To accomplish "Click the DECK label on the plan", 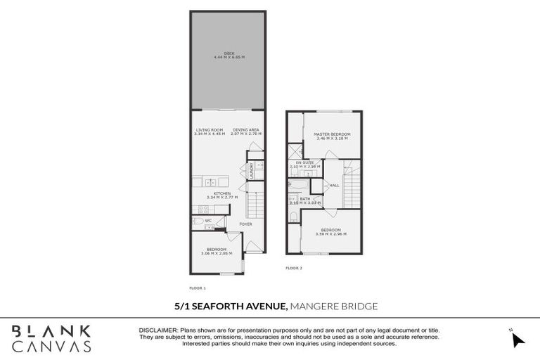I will click(x=228, y=53).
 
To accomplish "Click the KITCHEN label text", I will click(x=223, y=193).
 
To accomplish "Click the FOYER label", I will click(x=245, y=224).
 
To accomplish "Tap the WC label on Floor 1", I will click(x=208, y=220).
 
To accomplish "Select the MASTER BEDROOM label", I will click(x=331, y=134).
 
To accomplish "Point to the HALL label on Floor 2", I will click(x=335, y=185).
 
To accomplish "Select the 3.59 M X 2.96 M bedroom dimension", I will click(x=331, y=234).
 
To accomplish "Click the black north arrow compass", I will click(x=518, y=340).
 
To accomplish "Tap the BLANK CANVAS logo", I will click(x=51, y=337).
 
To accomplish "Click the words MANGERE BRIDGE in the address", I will click(x=334, y=306).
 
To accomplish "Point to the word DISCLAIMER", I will click(x=158, y=330).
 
